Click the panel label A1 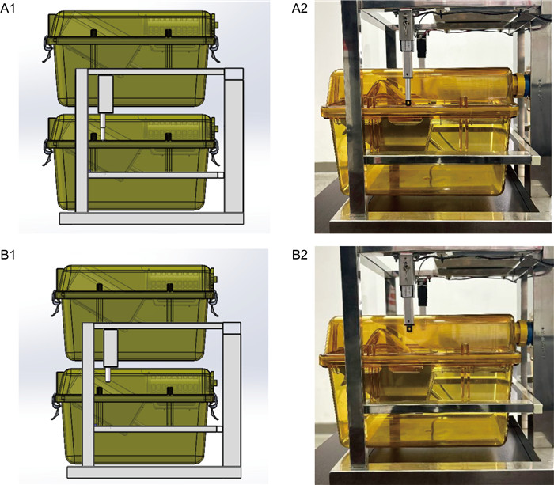(x=8, y=8)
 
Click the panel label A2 (x=300, y=8)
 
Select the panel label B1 (x=8, y=254)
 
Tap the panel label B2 (x=300, y=254)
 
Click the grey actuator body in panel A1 (x=105, y=94)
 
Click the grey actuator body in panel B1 (x=111, y=348)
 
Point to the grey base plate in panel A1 (x=151, y=218)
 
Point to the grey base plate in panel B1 (x=154, y=472)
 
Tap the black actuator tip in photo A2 (x=408, y=103)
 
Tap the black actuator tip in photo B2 (x=409, y=329)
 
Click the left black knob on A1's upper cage (x=94, y=33)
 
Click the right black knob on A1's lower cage (x=169, y=136)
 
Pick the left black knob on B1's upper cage (x=99, y=286)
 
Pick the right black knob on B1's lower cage (x=170, y=390)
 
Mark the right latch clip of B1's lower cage (x=213, y=406)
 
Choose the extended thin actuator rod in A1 (x=102, y=127)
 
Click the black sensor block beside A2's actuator (x=421, y=45)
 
